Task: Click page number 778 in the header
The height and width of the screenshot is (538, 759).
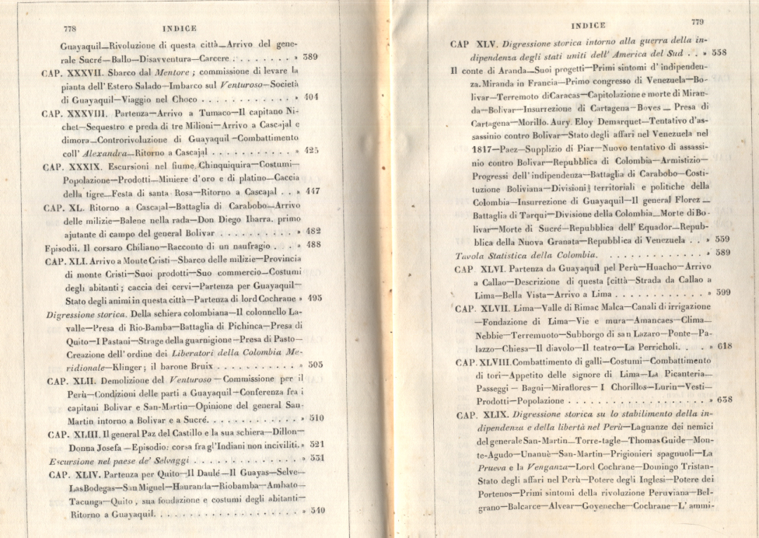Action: pos(73,28)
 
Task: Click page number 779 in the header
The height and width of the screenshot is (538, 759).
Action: pos(696,23)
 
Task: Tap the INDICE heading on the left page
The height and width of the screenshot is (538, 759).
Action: pos(179,28)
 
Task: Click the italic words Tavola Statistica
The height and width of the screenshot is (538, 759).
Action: pos(491,253)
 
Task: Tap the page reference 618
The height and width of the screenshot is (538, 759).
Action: pos(723,348)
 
